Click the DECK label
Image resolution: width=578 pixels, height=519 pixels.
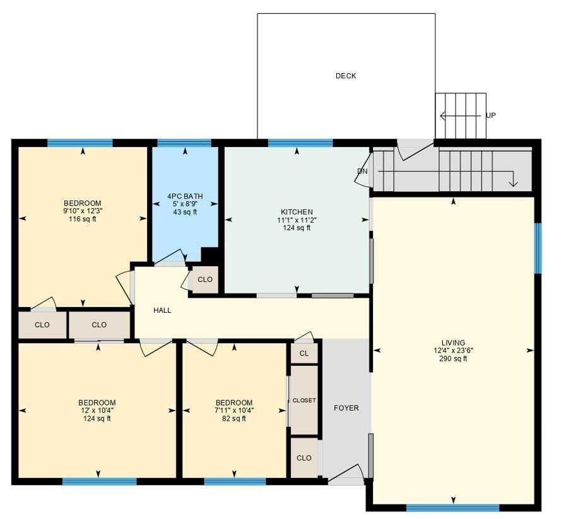[345, 76]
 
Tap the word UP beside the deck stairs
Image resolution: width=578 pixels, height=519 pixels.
[490, 116]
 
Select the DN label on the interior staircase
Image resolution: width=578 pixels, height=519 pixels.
[362, 171]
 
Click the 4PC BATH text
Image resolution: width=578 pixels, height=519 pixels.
[185, 196]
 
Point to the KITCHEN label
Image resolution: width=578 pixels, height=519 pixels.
[297, 212]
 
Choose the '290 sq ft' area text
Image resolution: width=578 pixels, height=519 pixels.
[453, 359]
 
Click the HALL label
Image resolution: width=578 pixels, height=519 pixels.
[162, 310]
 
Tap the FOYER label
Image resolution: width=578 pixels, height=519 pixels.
[346, 408]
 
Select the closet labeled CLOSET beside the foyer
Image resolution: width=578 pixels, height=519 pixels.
[304, 400]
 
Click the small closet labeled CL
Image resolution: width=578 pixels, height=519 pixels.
[304, 354]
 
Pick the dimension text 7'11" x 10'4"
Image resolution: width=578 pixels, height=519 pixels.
[233, 411]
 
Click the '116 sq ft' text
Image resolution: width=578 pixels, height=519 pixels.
[82, 219]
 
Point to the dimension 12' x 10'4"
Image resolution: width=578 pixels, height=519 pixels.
[97, 411]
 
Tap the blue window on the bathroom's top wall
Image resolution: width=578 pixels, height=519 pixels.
[184, 143]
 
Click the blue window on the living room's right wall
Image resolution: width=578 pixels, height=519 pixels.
[538, 248]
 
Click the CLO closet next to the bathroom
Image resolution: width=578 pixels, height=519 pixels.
[204, 279]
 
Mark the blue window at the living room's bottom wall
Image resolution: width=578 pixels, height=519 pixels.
[452, 507]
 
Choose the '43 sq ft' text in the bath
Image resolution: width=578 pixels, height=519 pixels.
[185, 212]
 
